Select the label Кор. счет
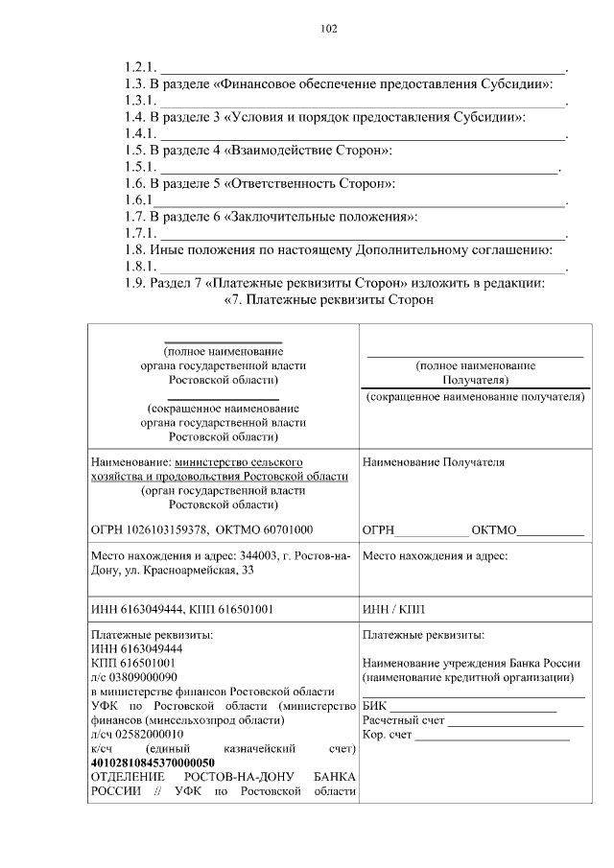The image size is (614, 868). (x=388, y=735)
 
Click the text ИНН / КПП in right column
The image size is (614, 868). (x=393, y=608)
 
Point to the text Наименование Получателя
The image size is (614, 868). (x=433, y=462)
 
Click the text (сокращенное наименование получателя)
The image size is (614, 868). (x=474, y=396)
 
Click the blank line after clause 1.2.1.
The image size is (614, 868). (x=363, y=69)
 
